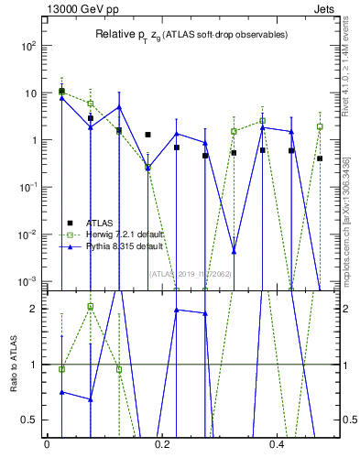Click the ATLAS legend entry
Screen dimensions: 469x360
click(x=100, y=223)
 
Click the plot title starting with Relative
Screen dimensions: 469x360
click(x=191, y=35)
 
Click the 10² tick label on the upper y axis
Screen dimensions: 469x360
click(x=27, y=46)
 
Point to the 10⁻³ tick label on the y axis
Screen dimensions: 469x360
click(x=27, y=281)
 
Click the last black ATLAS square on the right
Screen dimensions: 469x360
click(x=320, y=158)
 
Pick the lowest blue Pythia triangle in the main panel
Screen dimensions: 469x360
click(x=234, y=251)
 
